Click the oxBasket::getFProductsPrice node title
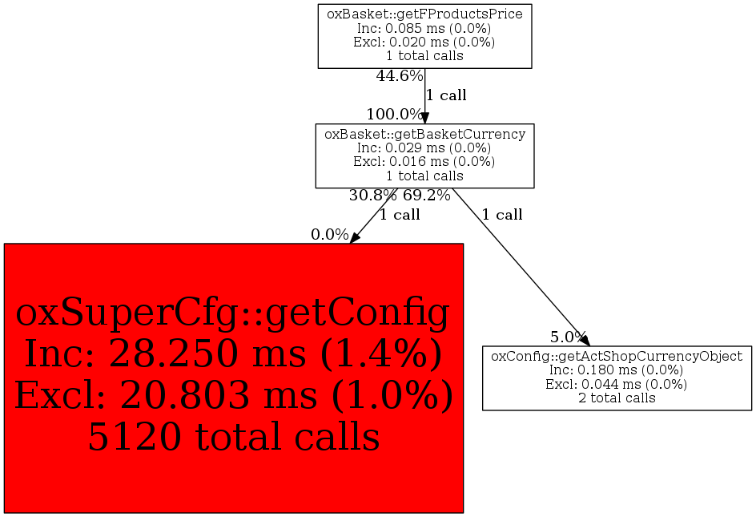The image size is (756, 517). pos(424,14)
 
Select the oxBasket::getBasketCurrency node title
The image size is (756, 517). pos(424,134)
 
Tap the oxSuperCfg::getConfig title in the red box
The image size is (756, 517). pos(233,313)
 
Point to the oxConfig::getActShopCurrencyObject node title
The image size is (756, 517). pos(617,356)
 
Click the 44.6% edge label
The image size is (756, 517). pos(399,76)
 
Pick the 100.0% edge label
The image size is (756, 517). pos(394,115)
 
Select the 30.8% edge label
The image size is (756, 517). pos(372,196)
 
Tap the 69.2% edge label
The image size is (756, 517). pos(427,196)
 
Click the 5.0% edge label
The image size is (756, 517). pos(568,337)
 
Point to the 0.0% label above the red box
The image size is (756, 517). pos(330,235)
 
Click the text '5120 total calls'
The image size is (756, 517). pos(234,436)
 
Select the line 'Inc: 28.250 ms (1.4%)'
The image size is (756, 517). pos(233,353)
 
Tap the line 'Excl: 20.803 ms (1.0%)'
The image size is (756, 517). pos(234,395)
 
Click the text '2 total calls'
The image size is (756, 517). pos(617,398)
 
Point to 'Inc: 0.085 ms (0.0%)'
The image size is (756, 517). pos(424,29)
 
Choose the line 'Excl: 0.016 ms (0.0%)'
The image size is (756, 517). pos(424,162)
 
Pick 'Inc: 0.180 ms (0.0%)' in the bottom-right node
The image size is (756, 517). pos(616,370)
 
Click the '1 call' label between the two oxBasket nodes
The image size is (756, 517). pos(446,95)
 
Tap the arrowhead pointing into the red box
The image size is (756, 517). pos(354,237)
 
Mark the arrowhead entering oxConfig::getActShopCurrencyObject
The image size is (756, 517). pos(584,340)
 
